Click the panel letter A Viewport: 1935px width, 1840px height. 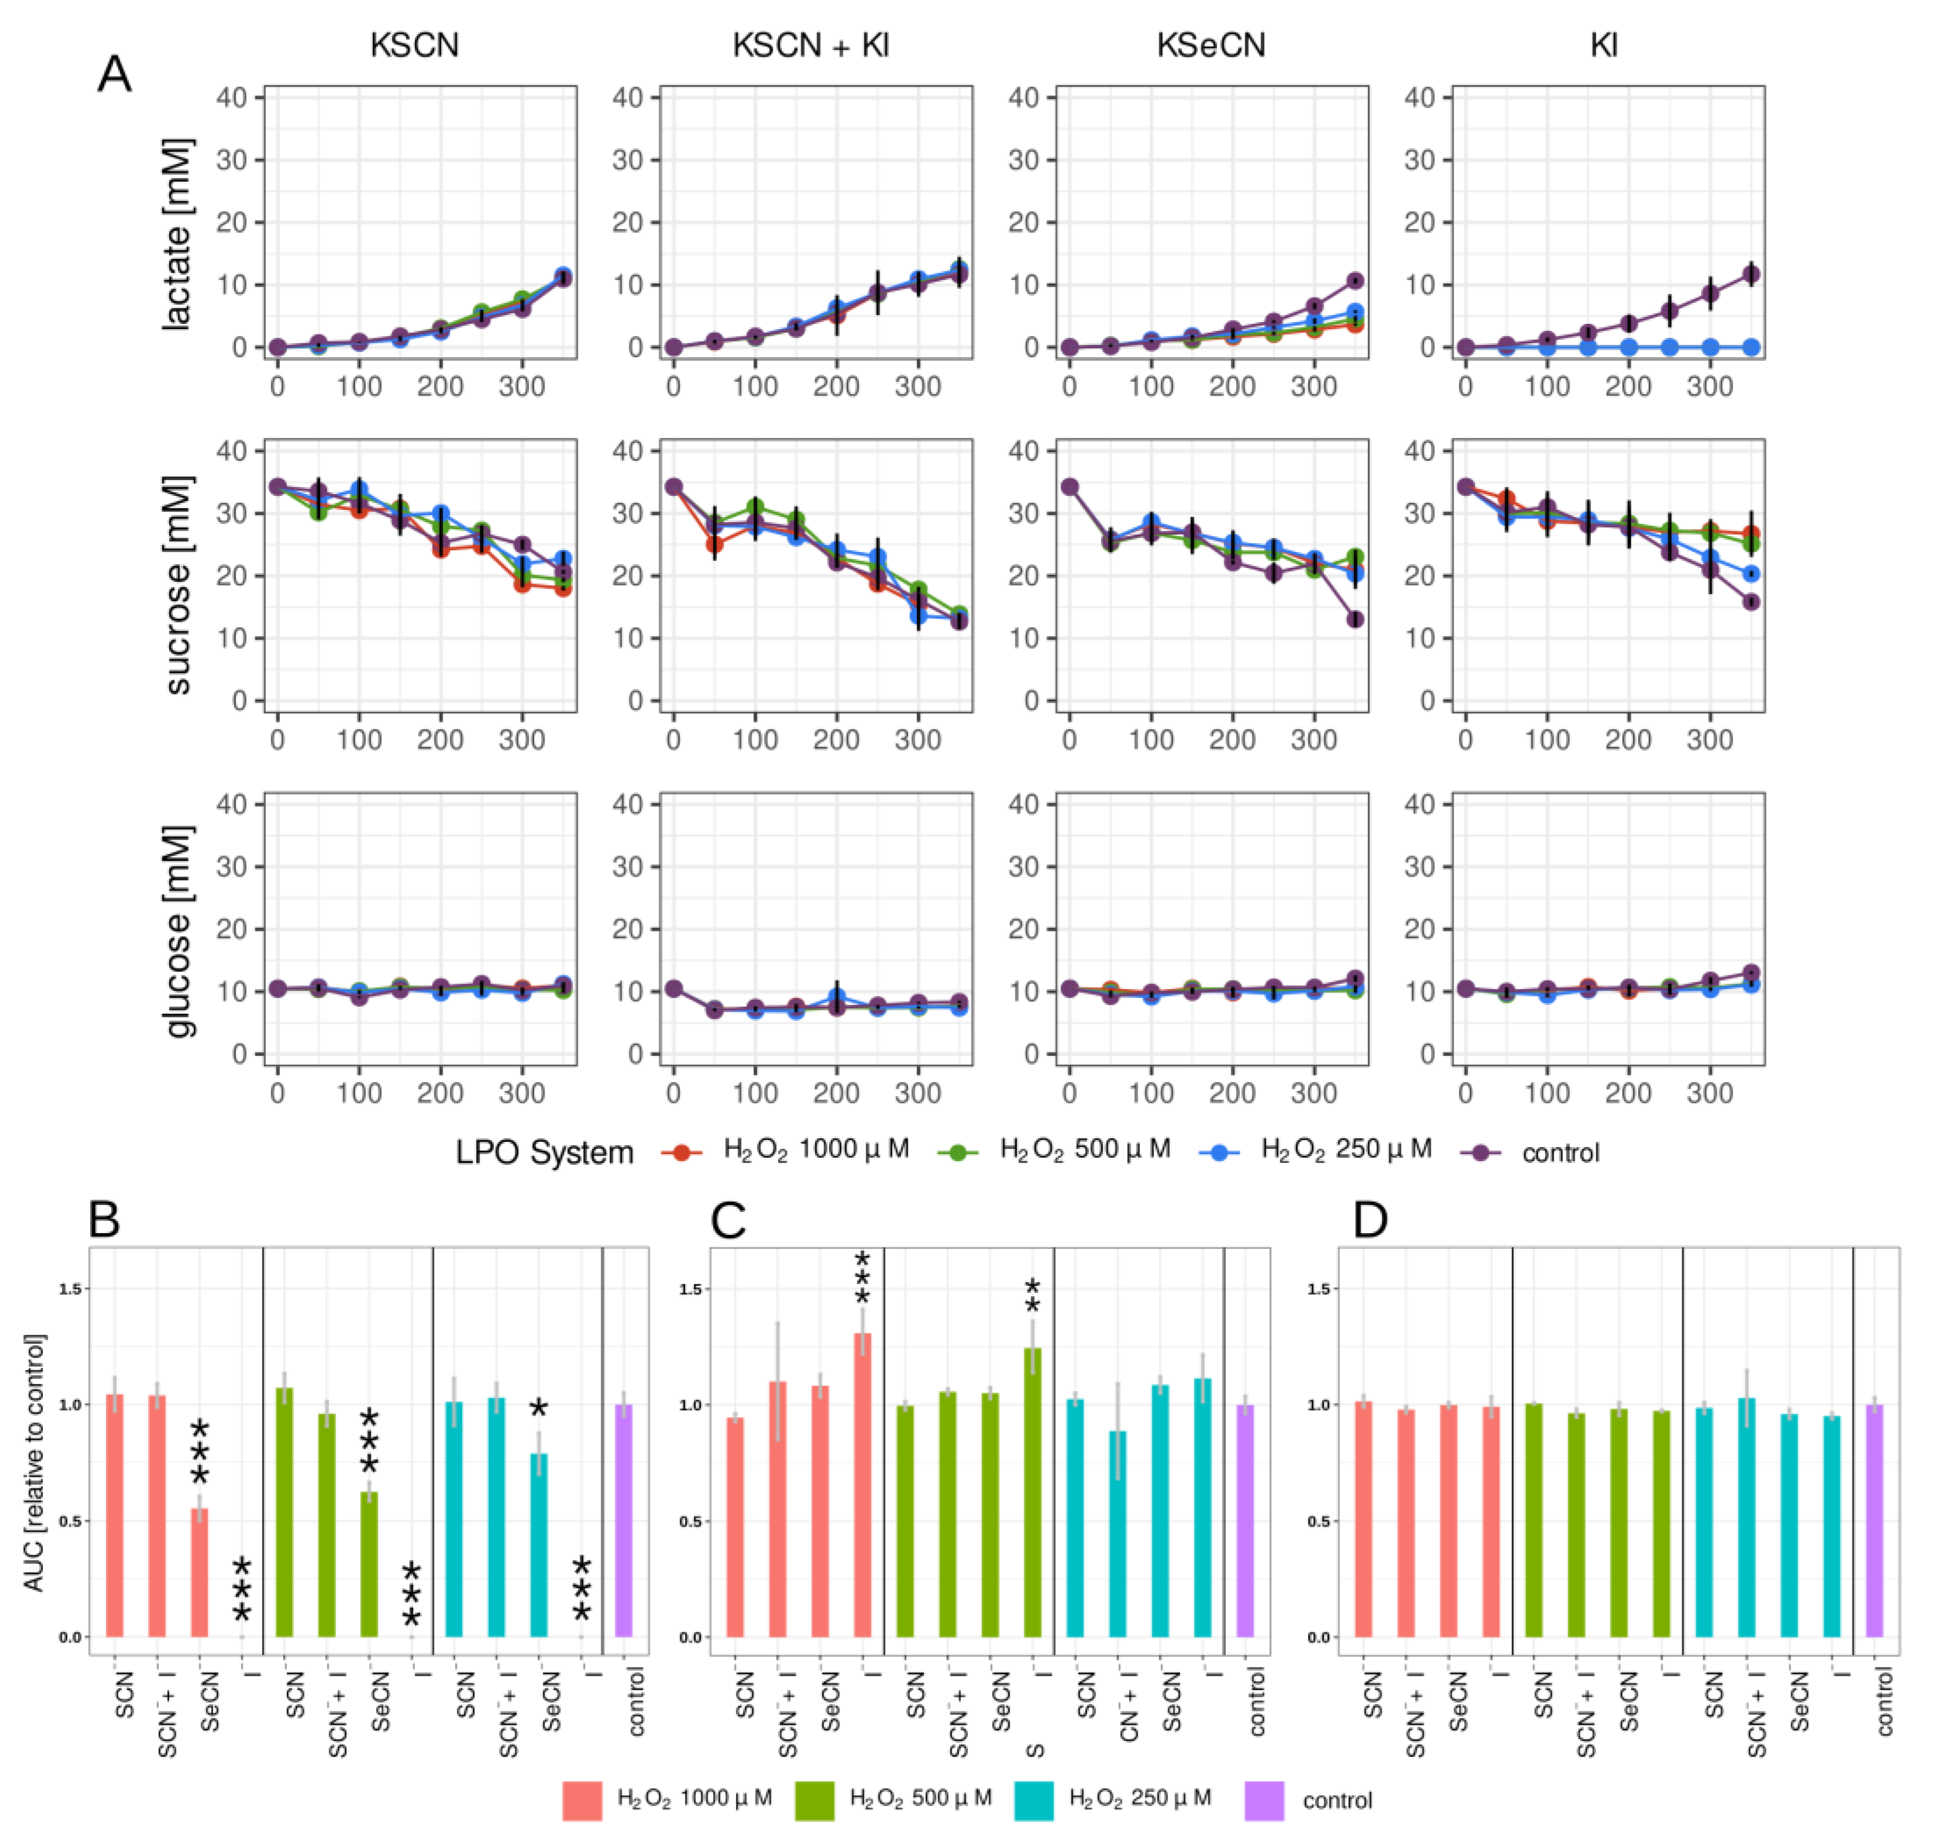115,74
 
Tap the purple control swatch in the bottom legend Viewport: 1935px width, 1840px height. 1264,1801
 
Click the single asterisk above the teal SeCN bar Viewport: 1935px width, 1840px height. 539,1410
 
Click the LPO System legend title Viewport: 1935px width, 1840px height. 545,1152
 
